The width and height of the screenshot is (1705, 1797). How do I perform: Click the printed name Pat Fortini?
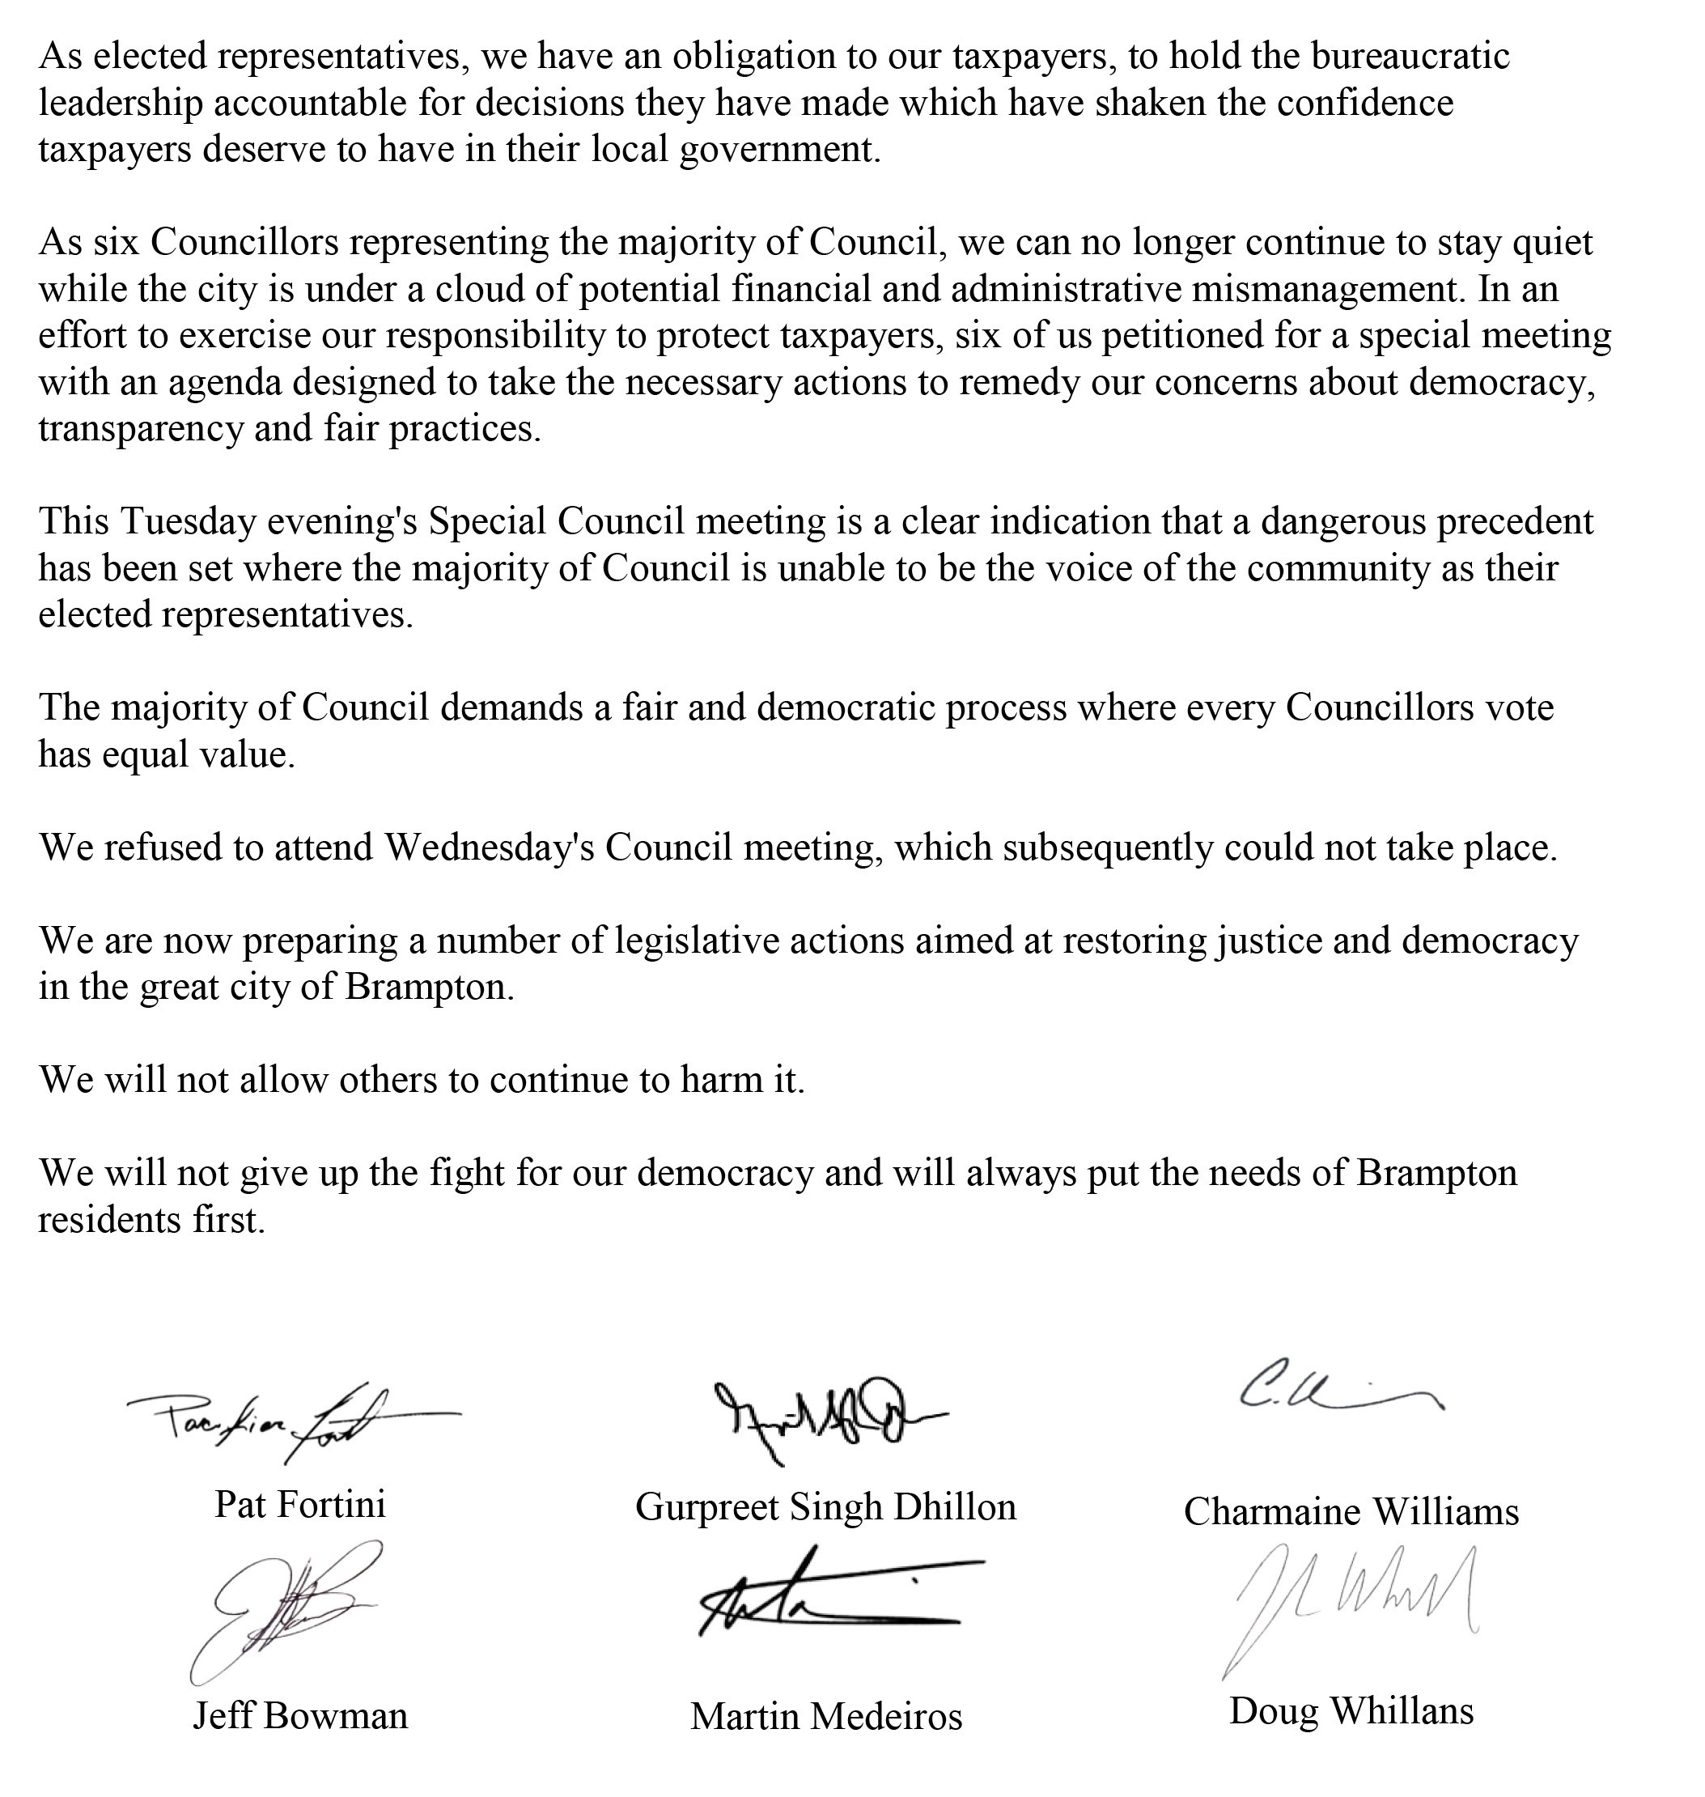(300, 1504)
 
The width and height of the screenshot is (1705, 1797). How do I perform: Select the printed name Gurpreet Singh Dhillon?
(825, 1507)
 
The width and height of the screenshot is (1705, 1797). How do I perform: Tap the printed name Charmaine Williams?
(1351, 1511)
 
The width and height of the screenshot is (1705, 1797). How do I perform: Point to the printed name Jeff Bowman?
(300, 1715)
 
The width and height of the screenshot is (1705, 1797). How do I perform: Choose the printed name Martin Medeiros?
(825, 1716)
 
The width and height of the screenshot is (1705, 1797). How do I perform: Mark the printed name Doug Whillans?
(1351, 1710)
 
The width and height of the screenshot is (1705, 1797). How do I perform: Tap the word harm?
(710, 1080)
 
